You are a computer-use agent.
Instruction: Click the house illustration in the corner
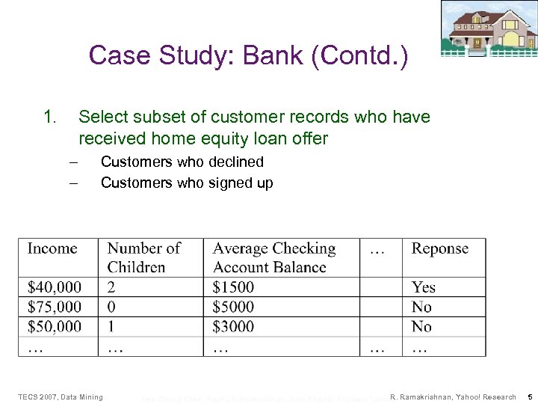(489, 28)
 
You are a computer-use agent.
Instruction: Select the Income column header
(52, 249)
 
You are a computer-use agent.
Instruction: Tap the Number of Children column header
(144, 258)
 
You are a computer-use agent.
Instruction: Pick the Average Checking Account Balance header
(273, 258)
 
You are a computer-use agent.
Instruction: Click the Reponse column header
(440, 249)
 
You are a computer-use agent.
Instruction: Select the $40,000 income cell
(55, 287)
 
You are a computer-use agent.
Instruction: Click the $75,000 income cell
(55, 307)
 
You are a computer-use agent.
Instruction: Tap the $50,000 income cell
(55, 326)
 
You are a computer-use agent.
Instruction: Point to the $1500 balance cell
(233, 287)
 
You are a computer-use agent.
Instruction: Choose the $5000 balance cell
(233, 307)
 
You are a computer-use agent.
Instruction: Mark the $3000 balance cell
(233, 326)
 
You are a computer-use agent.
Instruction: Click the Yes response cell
(424, 287)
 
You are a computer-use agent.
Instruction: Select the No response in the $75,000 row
(422, 307)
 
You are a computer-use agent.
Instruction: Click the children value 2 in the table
(111, 287)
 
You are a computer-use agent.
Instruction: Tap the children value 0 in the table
(111, 307)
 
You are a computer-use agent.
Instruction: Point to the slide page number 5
(529, 397)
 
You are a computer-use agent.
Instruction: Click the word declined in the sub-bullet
(238, 162)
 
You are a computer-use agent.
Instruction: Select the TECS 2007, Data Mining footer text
(61, 397)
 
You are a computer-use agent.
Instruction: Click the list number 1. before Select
(49, 117)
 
